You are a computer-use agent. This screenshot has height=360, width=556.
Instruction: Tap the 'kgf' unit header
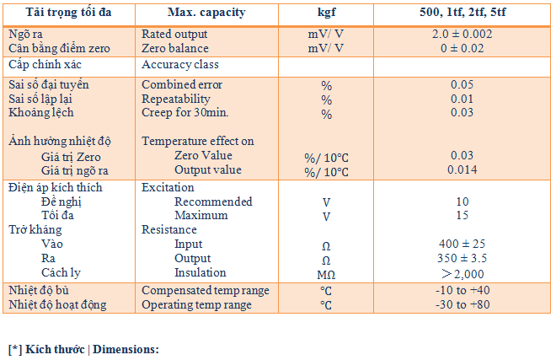click(325, 13)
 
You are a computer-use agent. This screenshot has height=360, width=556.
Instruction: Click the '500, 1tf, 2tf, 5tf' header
click(462, 13)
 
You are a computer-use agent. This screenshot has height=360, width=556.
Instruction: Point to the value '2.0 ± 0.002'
click(462, 35)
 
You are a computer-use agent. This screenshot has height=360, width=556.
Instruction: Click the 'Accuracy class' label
click(180, 65)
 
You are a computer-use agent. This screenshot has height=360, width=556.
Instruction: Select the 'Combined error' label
click(182, 85)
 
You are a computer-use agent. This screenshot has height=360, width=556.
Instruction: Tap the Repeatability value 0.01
click(462, 99)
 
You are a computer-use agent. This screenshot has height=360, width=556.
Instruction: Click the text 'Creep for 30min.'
click(185, 113)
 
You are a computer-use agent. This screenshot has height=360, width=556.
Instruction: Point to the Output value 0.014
click(462, 170)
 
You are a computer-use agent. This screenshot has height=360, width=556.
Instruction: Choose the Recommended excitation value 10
click(462, 202)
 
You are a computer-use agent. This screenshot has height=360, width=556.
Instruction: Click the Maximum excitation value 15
click(462, 216)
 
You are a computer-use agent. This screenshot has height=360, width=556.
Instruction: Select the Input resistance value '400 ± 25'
click(462, 244)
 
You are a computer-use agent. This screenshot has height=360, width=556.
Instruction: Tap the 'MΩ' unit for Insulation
click(326, 274)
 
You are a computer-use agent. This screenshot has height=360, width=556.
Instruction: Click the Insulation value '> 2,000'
click(462, 273)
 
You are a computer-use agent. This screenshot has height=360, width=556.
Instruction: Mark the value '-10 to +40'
click(462, 291)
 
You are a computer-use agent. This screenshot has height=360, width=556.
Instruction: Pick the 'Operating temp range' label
click(196, 304)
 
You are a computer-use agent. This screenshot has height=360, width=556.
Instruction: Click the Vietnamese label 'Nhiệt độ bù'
click(40, 291)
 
